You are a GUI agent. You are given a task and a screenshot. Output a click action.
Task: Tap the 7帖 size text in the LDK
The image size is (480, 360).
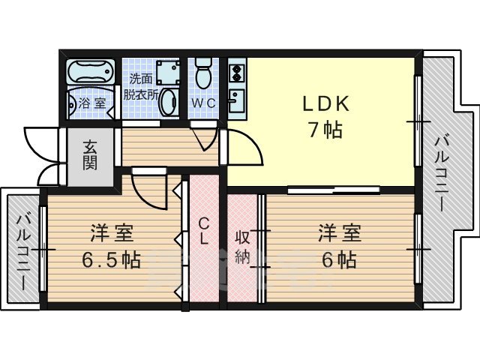pyautogui.click(x=324, y=130)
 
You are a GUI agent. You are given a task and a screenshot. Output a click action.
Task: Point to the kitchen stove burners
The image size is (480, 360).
pyautogui.click(x=235, y=73)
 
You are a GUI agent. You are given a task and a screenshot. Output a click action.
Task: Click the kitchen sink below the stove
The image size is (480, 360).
pyautogui.click(x=235, y=100)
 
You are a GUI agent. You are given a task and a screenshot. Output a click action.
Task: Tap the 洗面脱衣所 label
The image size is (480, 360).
pyautogui.click(x=142, y=87)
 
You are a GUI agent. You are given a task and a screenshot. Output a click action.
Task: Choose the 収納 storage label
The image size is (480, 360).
pyautogui.click(x=241, y=246)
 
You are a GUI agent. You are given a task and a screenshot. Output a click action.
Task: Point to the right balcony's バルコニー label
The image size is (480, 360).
pyautogui.click(x=442, y=172)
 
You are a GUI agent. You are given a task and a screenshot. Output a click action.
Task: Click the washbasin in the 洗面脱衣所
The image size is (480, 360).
pyautogui.click(x=169, y=102)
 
